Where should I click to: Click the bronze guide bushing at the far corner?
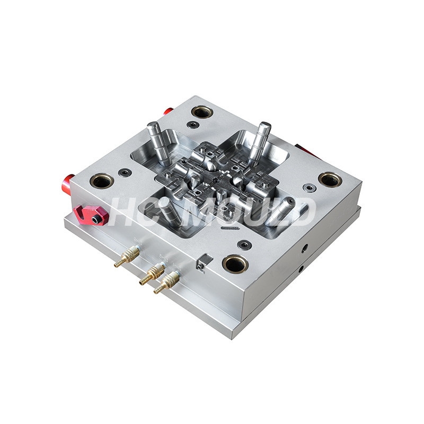202,111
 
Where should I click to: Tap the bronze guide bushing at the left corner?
102,181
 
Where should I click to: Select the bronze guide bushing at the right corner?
330,179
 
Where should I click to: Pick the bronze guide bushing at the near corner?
235,263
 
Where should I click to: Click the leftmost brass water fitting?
127,257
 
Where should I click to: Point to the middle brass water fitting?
152,273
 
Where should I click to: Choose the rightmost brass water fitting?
166,282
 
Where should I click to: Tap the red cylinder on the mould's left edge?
68,185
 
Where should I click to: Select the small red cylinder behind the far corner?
168,111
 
